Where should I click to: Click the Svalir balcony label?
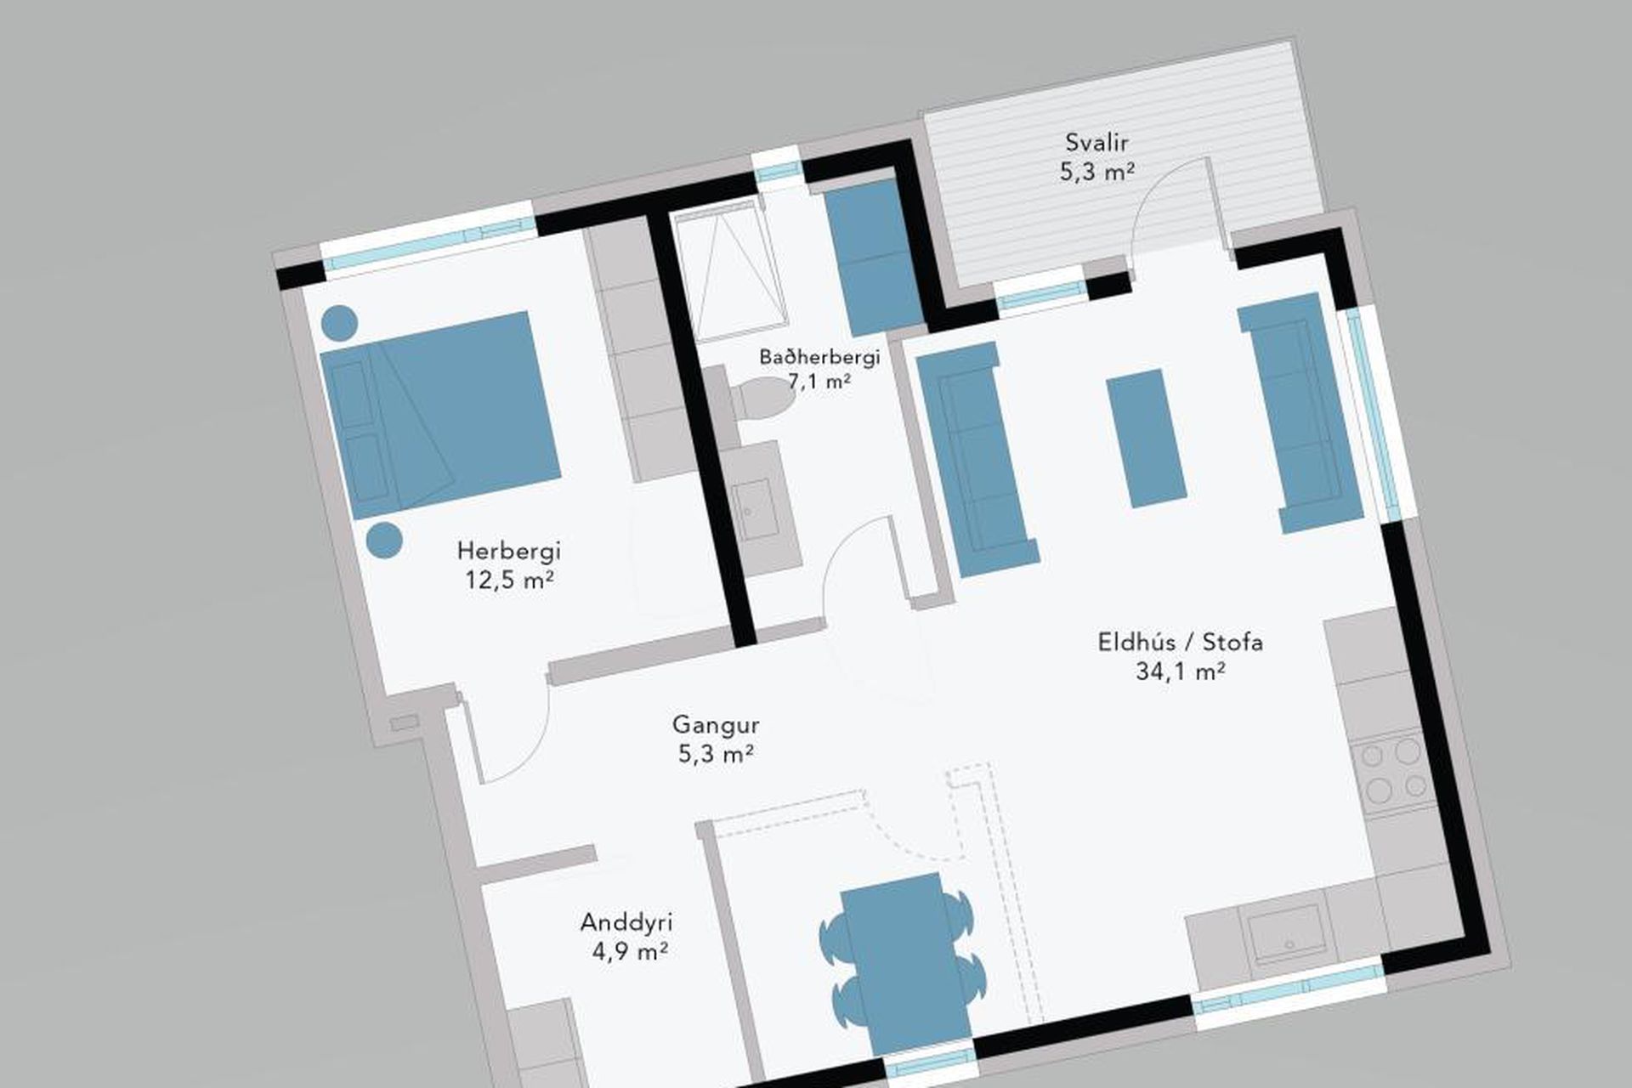[1097, 142]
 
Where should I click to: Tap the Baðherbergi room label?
[819, 357]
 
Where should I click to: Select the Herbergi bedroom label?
[509, 551]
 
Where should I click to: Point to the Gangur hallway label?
[715, 725]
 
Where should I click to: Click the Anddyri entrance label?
[626, 922]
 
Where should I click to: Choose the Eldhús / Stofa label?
[1180, 642]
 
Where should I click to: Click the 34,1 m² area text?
[1180, 671]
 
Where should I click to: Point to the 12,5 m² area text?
[509, 580]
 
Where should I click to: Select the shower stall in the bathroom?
[729, 268]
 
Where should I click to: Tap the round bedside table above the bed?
[339, 322]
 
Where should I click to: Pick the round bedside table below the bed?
[384, 541]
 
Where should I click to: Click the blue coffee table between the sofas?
[1146, 440]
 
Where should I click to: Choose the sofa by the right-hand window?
[1300, 413]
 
